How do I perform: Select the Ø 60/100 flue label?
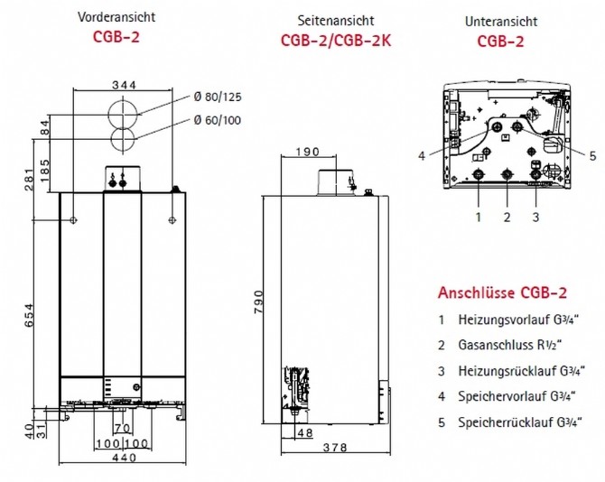click(x=216, y=120)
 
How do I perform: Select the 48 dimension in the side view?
click(x=305, y=433)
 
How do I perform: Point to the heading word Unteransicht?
click(x=501, y=19)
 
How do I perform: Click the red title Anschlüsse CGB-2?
click(x=502, y=293)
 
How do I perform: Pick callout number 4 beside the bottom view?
click(x=421, y=155)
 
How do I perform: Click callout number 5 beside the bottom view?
click(x=592, y=155)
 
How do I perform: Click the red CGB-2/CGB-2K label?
click(x=335, y=40)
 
